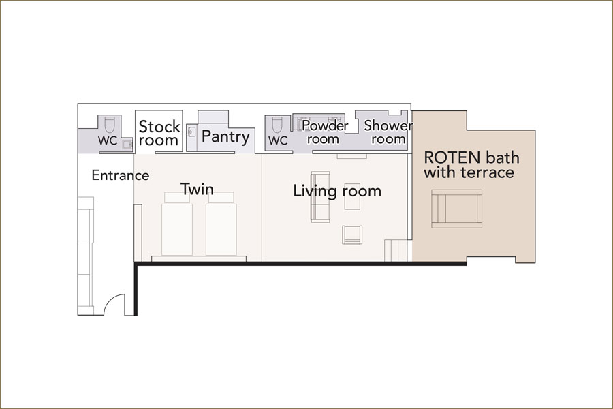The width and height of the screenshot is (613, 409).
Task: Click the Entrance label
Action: [x=121, y=175]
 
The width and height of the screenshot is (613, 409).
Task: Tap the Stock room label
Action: [x=159, y=133]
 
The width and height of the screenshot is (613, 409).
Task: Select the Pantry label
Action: [x=225, y=137]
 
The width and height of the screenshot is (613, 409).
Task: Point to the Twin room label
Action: [x=197, y=189]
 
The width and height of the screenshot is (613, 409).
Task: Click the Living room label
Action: [x=337, y=191]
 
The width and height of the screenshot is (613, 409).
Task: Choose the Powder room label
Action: [x=324, y=132]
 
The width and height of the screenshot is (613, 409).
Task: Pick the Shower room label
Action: [x=388, y=132]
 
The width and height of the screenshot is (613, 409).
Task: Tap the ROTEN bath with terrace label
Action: [x=471, y=165]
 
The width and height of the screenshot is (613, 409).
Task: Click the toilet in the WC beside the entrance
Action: [x=110, y=125]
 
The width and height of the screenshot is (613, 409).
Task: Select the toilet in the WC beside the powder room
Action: [x=277, y=125]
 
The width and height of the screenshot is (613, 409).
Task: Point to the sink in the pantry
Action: [x=191, y=132]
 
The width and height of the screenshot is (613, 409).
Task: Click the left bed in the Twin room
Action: [x=177, y=224]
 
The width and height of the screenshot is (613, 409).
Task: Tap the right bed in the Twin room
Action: [x=221, y=224]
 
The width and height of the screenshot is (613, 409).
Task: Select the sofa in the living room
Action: [x=320, y=197]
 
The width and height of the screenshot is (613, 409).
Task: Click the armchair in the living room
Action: [x=352, y=234]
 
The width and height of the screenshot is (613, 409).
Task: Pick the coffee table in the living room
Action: [x=352, y=196]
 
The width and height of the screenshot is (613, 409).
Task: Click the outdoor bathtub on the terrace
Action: [x=456, y=209]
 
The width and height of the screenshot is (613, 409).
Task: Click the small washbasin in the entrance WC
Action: [x=127, y=144]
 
